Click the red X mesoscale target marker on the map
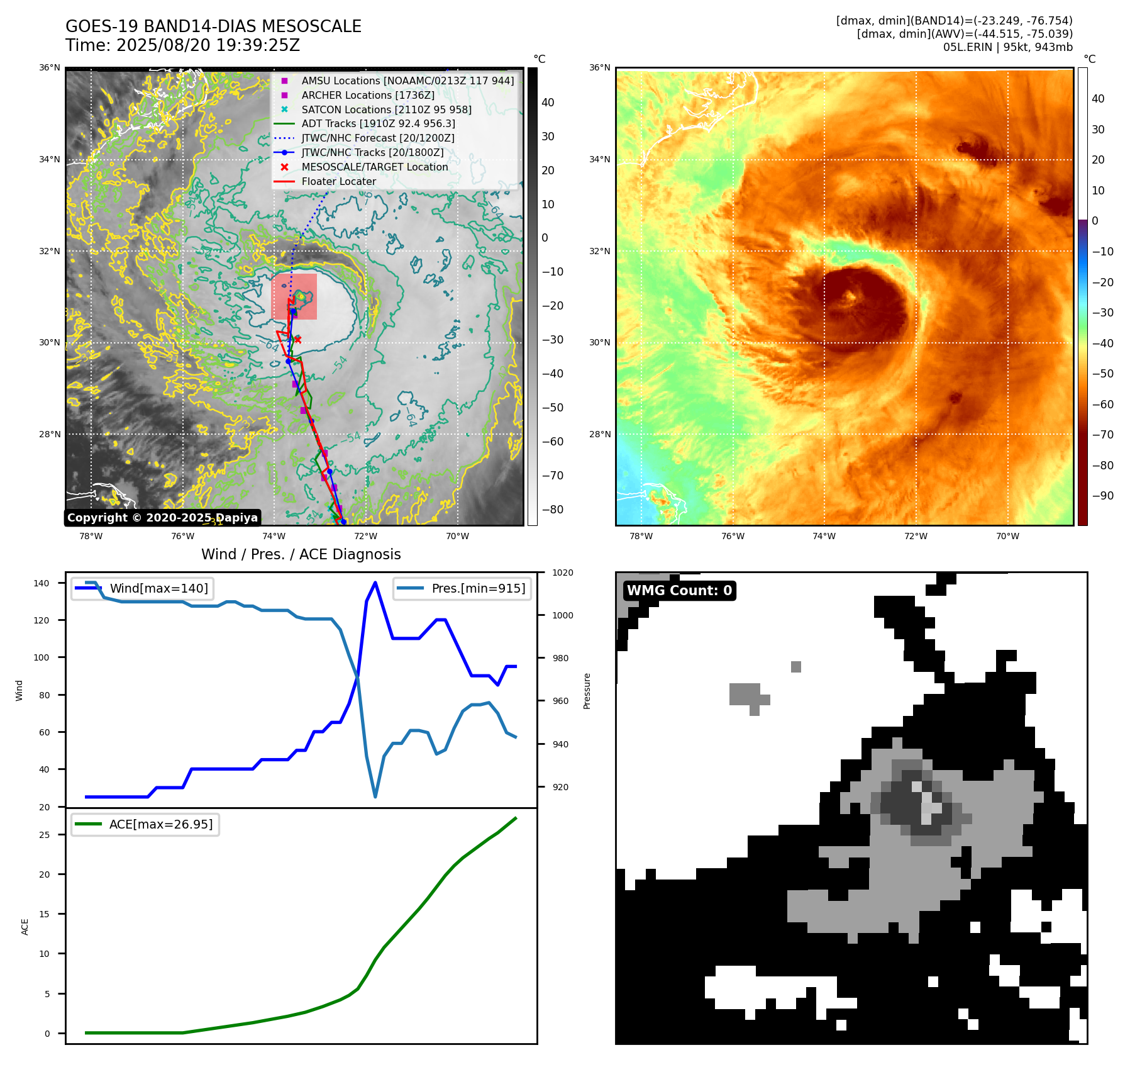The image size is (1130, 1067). [x=297, y=340]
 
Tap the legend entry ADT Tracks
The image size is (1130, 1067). [x=378, y=124]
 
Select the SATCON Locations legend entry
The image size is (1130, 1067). [x=386, y=109]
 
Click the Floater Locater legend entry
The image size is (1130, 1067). [x=338, y=182]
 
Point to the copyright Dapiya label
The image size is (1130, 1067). [x=162, y=518]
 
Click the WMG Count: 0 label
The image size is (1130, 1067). [x=679, y=591]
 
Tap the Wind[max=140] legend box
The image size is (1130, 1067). [x=142, y=589]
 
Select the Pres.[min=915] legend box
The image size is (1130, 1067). [x=462, y=589]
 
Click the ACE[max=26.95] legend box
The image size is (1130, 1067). [x=145, y=825]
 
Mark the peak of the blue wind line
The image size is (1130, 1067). [x=375, y=583]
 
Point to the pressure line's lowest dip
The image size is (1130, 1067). [x=375, y=797]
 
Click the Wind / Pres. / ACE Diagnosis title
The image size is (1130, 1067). [x=301, y=554]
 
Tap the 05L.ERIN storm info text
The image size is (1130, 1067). [x=1007, y=47]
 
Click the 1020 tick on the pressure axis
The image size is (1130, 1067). [x=562, y=573]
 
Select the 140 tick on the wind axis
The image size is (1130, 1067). [x=42, y=583]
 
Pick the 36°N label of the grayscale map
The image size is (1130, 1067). [x=50, y=68]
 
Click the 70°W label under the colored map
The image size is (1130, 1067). [x=1007, y=537]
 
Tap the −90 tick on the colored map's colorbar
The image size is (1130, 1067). [x=1102, y=496]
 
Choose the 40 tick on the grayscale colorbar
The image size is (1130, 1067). [x=548, y=103]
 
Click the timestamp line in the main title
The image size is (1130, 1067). [x=182, y=46]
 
